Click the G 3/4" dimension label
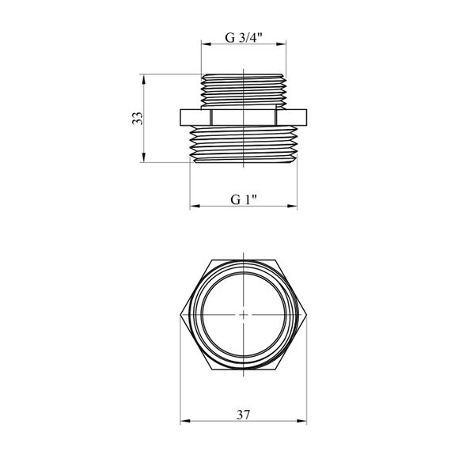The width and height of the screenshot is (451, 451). (244, 37)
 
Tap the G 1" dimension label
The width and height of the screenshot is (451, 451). (244, 199)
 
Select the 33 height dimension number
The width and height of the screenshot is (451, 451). (138, 118)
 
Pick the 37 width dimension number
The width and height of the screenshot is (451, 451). (244, 415)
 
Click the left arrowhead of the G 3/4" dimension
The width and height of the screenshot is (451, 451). (207, 44)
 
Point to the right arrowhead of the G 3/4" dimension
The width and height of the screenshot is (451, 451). (281, 44)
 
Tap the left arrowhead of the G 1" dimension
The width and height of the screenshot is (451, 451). (195, 206)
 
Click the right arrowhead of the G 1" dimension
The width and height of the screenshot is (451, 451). (292, 206)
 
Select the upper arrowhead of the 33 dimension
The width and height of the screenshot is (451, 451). (144, 80)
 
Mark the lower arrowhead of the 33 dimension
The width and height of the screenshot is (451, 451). (144, 157)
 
